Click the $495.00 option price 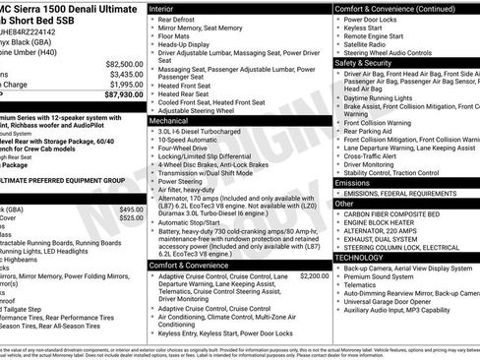coord(131,210)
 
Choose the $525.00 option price coord(131,218)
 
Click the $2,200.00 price coord(314,276)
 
